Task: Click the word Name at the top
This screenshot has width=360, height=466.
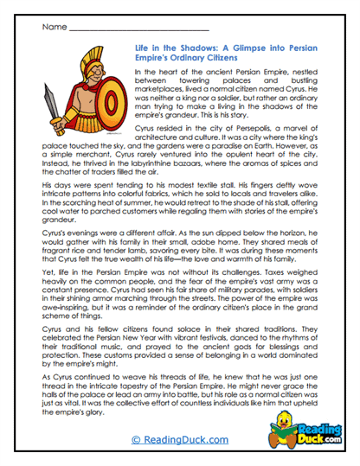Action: pos(53,27)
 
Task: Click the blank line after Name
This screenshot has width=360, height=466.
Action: pos(130,29)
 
